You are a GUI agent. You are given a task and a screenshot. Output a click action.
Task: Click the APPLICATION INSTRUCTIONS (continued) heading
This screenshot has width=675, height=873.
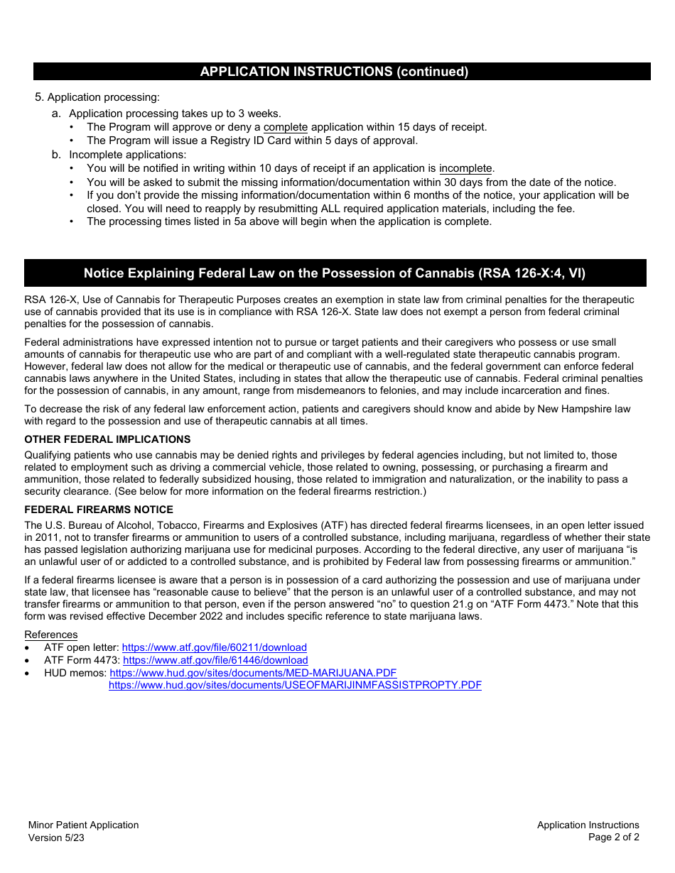334,72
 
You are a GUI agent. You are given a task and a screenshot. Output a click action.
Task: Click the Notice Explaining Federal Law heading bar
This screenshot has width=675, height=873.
335,273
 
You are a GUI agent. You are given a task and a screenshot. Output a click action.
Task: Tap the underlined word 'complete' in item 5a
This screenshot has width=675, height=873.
286,127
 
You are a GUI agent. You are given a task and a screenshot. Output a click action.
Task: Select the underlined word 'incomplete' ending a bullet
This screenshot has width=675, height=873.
465,169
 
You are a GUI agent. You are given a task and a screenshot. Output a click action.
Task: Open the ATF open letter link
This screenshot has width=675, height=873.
215,647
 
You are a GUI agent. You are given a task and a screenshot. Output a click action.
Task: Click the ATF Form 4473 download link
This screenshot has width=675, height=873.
215,660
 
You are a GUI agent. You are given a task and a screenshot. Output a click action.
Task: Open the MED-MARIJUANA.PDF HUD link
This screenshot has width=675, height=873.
253,673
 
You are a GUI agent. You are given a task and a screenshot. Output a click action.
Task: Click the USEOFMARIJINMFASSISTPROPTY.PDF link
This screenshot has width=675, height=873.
295,686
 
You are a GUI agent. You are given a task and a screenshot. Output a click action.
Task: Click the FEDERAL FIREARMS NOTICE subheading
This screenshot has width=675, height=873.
99,510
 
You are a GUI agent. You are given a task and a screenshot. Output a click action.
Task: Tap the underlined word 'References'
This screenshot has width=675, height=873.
51,635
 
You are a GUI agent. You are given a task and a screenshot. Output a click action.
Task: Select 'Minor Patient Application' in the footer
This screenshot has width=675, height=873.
83,825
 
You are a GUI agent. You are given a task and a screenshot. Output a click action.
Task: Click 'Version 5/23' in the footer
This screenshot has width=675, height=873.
57,838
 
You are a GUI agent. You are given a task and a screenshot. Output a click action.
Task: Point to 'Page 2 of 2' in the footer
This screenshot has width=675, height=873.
613,838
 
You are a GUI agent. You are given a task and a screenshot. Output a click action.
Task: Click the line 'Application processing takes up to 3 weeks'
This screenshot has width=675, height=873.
175,114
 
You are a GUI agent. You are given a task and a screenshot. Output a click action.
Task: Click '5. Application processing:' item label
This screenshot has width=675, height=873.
97,97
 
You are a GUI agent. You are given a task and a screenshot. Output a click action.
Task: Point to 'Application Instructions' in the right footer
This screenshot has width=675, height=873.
588,825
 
